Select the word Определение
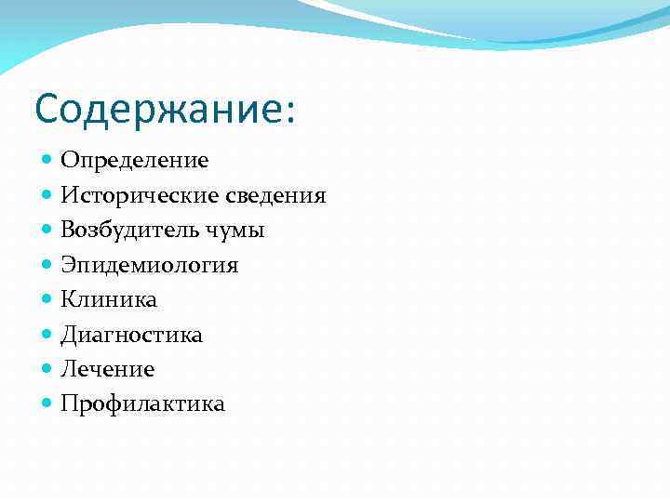point(135,161)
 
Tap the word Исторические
point(140,195)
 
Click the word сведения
point(275,195)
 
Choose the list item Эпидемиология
point(150,266)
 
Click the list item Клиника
point(109,299)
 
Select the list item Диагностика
point(131,335)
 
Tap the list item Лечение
point(108,369)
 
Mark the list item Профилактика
point(143,404)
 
